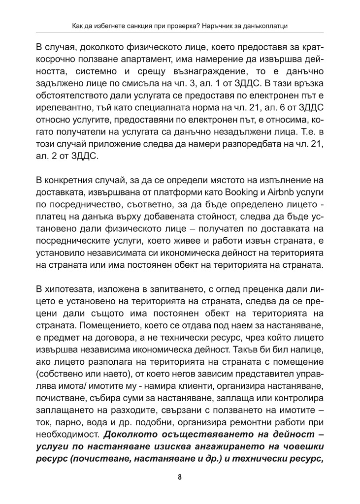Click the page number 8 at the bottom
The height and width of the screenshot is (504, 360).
tap(180, 477)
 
